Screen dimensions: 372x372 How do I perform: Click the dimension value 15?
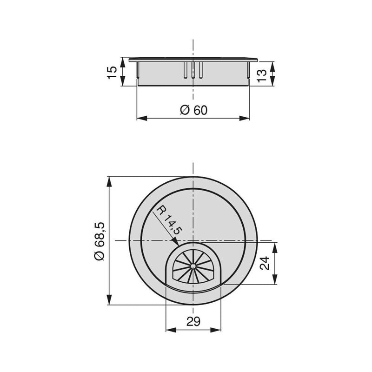[112, 72]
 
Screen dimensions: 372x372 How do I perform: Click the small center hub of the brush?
[193, 266]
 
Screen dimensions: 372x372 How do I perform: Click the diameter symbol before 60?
[184, 110]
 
